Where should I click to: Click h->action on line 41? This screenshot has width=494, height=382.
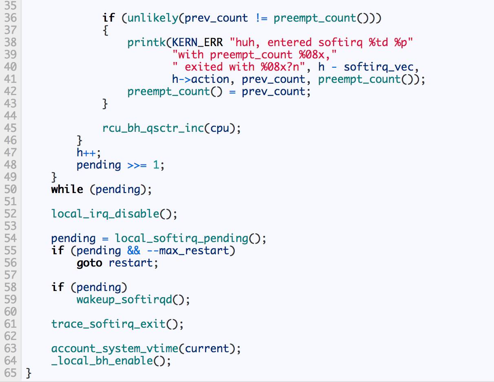(x=204, y=79)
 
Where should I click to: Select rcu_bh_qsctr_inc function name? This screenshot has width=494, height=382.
(x=153, y=129)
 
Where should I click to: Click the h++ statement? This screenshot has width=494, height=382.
(x=88, y=153)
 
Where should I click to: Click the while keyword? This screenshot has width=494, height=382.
(x=67, y=189)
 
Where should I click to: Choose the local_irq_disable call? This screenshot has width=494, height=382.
(x=105, y=214)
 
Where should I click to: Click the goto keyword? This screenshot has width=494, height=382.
(x=89, y=263)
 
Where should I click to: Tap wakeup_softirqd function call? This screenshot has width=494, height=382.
(x=124, y=300)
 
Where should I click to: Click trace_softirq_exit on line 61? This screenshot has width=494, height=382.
(x=108, y=324)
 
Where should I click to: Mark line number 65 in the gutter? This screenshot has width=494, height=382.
(x=11, y=373)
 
